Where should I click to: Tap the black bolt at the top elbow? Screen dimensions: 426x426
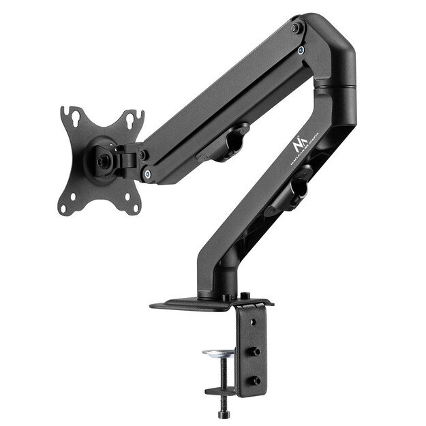click(x=294, y=29)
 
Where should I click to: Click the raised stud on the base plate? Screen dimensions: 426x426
click(x=244, y=296)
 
